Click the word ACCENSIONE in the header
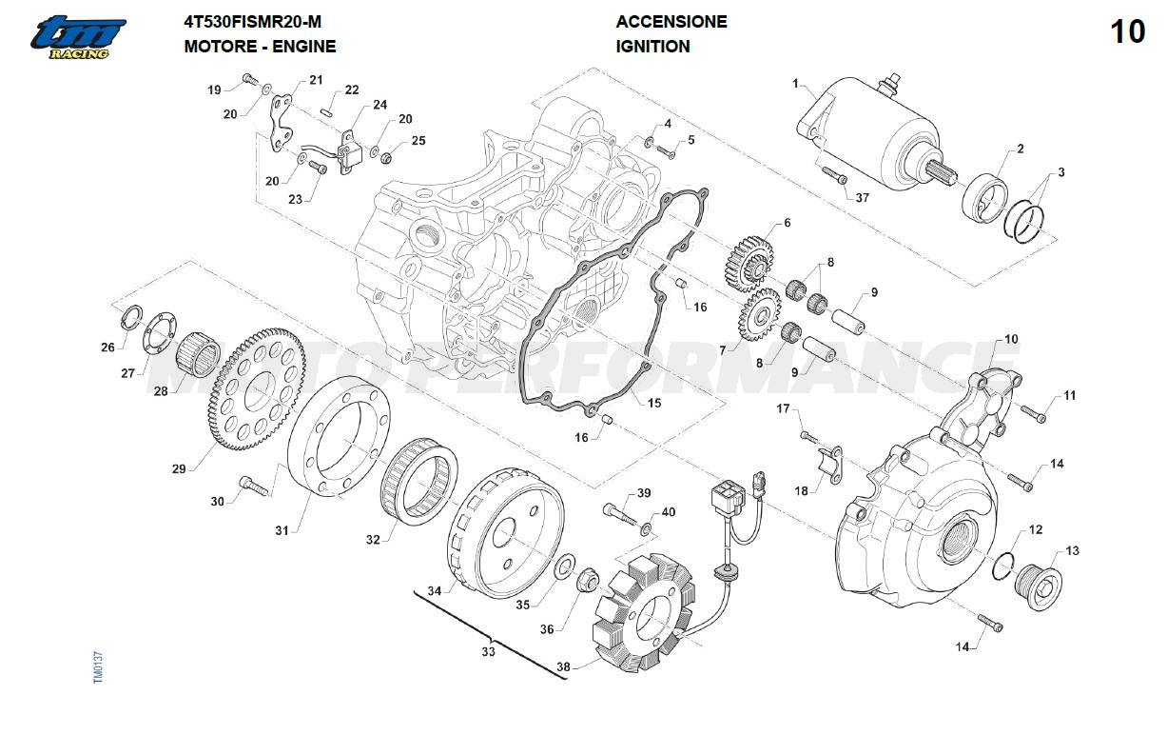pos(671,22)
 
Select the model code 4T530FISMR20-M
pos(244,22)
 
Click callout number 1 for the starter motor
pos(795,84)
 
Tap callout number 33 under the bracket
pos(488,652)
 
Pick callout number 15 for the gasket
pos(653,403)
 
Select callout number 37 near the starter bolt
pos(862,198)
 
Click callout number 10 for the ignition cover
pos(1011,339)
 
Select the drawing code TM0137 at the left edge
pos(98,665)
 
